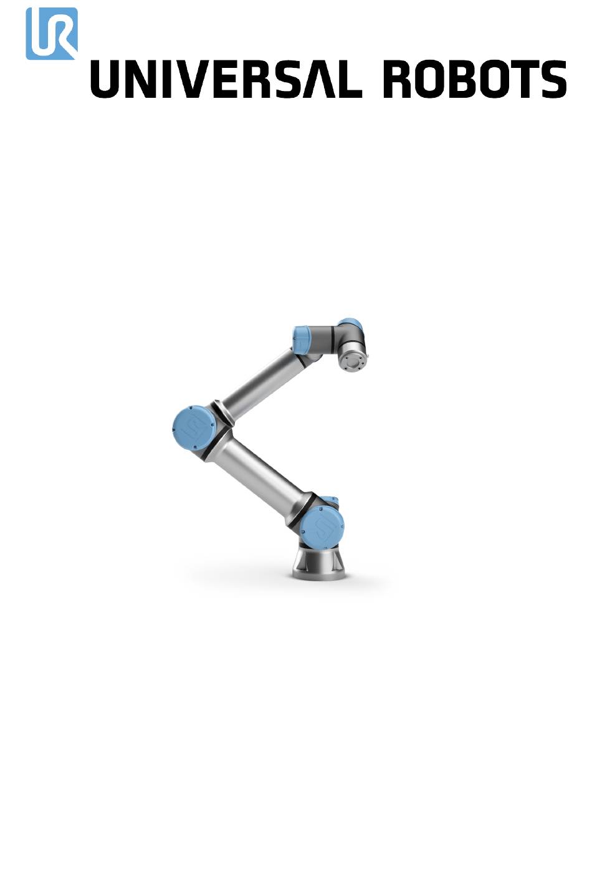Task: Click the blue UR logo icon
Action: click(52, 34)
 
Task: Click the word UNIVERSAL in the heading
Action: click(226, 79)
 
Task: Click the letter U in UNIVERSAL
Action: click(107, 79)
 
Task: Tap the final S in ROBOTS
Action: click(551, 79)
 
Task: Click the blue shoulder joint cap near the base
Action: click(322, 528)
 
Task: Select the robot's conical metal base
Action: click(319, 563)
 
